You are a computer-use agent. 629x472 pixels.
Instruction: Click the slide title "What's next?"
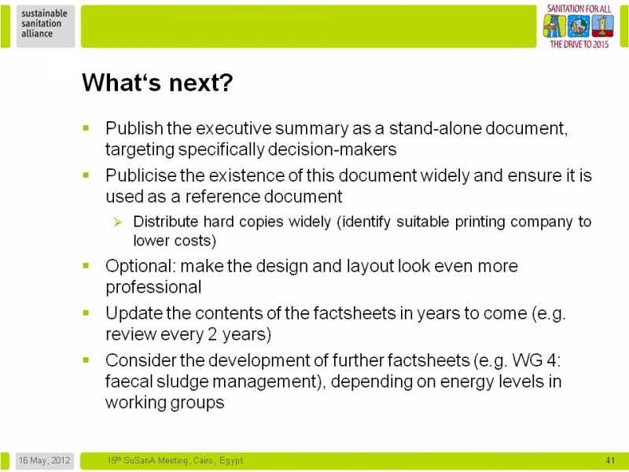pyautogui.click(x=157, y=83)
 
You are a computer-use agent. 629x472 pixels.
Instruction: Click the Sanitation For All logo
pyautogui.click(x=579, y=27)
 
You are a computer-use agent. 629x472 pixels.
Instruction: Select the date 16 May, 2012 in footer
pyautogui.click(x=44, y=460)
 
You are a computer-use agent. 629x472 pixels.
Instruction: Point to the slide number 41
pyautogui.click(x=610, y=460)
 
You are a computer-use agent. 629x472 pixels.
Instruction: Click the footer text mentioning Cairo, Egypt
pyautogui.click(x=175, y=460)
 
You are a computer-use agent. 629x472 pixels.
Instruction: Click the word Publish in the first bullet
pyautogui.click(x=134, y=128)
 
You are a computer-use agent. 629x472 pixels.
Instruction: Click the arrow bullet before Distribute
pyautogui.click(x=117, y=222)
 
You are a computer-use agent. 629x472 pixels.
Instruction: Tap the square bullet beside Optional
pyautogui.click(x=86, y=265)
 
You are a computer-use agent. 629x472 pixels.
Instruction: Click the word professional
pyautogui.click(x=153, y=287)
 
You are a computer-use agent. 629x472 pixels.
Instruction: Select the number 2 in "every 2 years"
pyautogui.click(x=212, y=334)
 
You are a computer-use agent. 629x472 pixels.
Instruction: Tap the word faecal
pyautogui.click(x=128, y=381)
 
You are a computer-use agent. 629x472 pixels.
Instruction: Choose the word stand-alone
pyautogui.click(x=435, y=128)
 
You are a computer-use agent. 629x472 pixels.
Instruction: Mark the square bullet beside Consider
pyautogui.click(x=86, y=360)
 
